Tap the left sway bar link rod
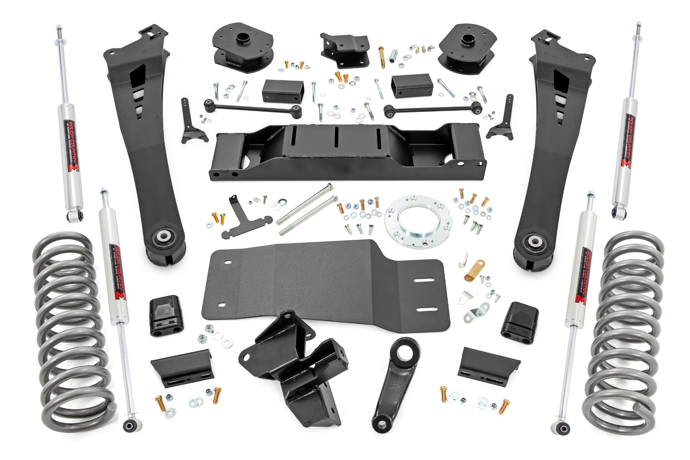[253, 108]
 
